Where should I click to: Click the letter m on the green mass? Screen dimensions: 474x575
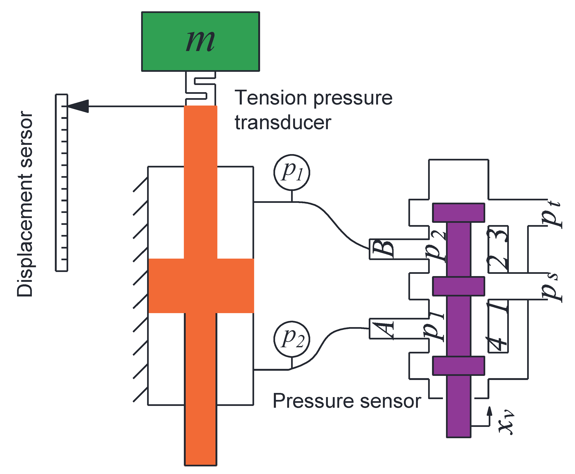tap(200, 42)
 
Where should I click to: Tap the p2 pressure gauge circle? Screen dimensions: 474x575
tap(292, 339)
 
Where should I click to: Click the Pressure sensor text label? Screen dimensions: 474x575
tap(347, 401)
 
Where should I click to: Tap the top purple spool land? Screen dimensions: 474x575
tap(458, 213)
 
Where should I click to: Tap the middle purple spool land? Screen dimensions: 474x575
tap(458, 286)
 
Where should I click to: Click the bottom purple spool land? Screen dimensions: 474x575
tap(458, 366)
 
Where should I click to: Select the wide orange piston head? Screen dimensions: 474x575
tap(201, 286)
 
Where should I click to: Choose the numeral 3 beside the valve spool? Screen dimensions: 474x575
tap(498, 235)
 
